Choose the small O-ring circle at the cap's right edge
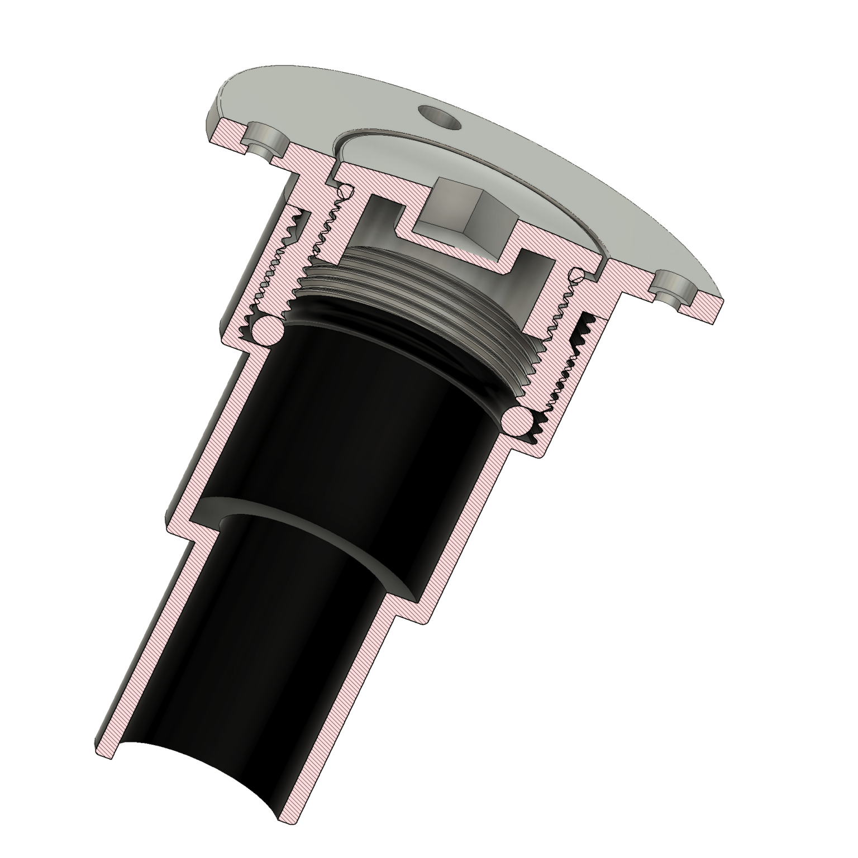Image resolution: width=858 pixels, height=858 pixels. pos(578,275)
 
